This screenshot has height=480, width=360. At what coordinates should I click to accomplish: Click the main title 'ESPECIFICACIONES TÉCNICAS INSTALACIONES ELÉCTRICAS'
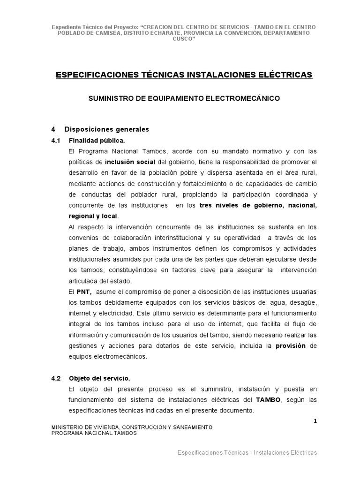[x=184, y=75]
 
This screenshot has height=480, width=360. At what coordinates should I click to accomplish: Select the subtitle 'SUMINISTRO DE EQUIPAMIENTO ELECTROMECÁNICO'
[x=184, y=99]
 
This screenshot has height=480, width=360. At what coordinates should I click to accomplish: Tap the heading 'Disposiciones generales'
[x=106, y=129]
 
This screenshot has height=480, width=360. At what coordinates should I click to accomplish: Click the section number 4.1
[x=56, y=140]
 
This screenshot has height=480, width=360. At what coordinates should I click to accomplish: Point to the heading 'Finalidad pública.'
[x=97, y=140]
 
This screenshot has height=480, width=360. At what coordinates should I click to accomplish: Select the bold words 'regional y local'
[x=93, y=216]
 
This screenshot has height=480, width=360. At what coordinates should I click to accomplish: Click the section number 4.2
[x=56, y=378]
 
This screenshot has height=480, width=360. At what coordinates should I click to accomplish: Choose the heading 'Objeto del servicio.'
[x=99, y=378]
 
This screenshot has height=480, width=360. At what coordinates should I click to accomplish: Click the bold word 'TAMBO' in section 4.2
[x=268, y=400]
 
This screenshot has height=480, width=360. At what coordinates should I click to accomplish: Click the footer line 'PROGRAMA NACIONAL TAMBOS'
[x=94, y=434]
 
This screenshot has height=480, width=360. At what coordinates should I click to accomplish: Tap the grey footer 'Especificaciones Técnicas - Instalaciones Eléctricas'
[x=247, y=453]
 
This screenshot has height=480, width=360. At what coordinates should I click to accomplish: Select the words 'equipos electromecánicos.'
[x=107, y=357]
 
